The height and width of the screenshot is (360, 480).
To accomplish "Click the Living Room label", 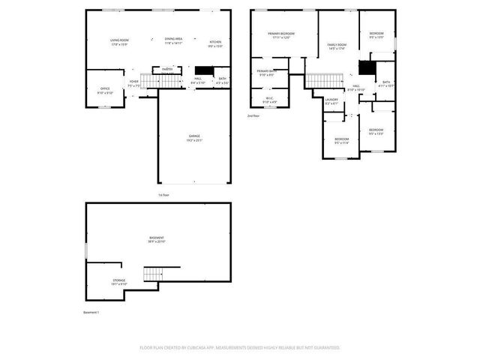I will pos(119,40).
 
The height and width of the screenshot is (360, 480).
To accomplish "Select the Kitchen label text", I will pos(215,43).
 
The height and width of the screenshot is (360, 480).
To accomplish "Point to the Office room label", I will pos(105,89).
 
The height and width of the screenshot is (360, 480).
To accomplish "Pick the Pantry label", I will pos(168,69).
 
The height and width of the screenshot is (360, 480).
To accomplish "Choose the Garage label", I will pos(194,137).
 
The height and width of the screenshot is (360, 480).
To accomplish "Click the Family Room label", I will pos(337,46).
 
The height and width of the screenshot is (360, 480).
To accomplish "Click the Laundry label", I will pos(332,101).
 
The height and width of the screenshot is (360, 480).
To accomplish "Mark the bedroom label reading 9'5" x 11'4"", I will pos(341,140).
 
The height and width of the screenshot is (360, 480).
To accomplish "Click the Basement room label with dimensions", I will pos(157,239).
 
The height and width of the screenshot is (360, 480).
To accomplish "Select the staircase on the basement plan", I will pos(154,273).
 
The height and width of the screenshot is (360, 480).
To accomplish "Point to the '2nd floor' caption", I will pos(253,115).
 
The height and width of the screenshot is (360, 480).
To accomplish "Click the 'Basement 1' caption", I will pos(91,312).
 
